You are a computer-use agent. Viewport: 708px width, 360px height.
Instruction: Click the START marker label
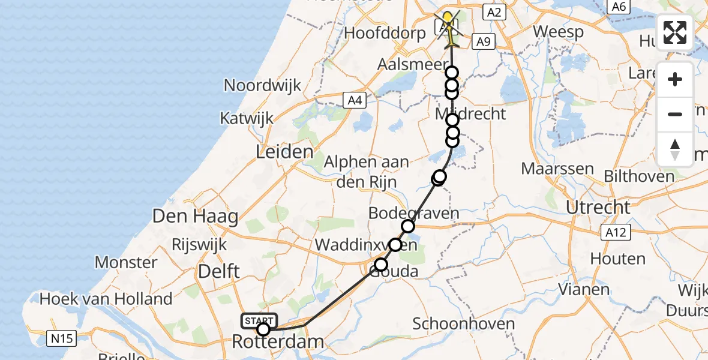tap(259, 321)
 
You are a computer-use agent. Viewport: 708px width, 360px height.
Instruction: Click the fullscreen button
tap(675, 32)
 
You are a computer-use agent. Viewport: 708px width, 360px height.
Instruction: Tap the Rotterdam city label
tap(278, 343)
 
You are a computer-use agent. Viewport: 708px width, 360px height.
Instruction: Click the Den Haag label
tap(196, 216)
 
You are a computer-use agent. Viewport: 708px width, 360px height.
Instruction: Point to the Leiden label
tap(285, 152)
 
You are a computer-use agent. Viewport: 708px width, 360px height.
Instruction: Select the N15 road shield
tap(62, 339)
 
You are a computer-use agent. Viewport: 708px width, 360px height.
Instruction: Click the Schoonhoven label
tap(464, 324)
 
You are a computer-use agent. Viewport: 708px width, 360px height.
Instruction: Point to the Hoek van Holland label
tap(106, 298)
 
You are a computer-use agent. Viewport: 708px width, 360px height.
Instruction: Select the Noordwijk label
tap(262, 85)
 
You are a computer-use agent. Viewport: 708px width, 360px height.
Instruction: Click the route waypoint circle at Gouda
tap(381, 264)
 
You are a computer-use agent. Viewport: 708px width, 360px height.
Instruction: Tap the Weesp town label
tap(558, 32)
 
